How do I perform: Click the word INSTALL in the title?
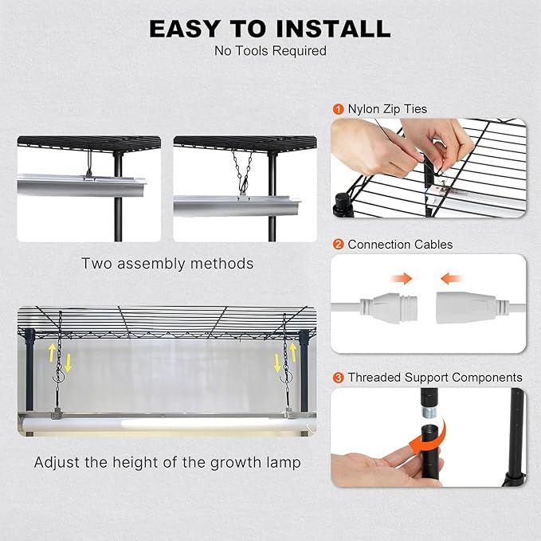[333, 29]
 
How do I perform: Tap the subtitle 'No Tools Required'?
[271, 51]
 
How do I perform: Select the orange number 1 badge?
[338, 109]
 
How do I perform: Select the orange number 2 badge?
[338, 245]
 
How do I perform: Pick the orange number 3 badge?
[338, 378]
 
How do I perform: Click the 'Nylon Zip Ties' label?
[387, 109]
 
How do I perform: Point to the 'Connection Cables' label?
[400, 245]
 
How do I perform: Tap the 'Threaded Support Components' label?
[435, 378]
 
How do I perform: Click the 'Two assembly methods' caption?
[167, 264]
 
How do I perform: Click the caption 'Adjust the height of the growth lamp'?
[167, 462]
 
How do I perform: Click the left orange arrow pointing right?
[402, 278]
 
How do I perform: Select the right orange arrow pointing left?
[452, 278]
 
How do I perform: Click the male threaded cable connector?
[389, 307]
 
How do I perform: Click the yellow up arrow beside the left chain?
[52, 352]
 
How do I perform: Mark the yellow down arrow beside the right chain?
[277, 363]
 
